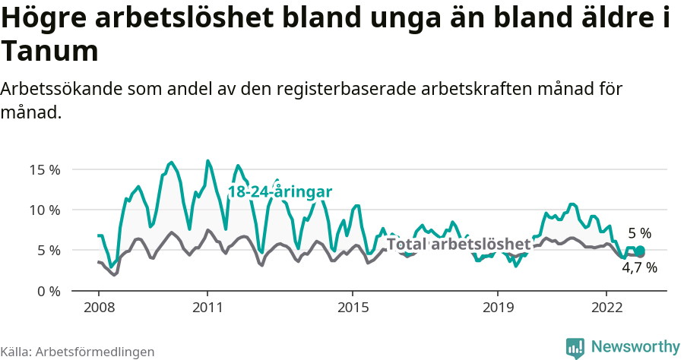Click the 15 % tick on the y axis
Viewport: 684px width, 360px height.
click(45, 169)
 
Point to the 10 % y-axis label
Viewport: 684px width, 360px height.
click(45, 210)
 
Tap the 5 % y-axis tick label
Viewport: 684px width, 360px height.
click(49, 250)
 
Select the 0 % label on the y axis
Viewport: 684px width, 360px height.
click(49, 291)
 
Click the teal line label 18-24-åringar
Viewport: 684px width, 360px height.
click(280, 192)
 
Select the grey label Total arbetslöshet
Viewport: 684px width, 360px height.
click(458, 244)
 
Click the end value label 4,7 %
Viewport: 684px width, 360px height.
click(639, 267)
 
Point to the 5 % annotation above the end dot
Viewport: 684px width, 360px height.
click(639, 233)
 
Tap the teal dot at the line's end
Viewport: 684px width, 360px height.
click(640, 251)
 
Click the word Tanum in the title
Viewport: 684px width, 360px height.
click(50, 52)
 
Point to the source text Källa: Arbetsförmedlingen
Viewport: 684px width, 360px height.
click(78, 352)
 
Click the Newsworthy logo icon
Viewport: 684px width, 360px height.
click(575, 347)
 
